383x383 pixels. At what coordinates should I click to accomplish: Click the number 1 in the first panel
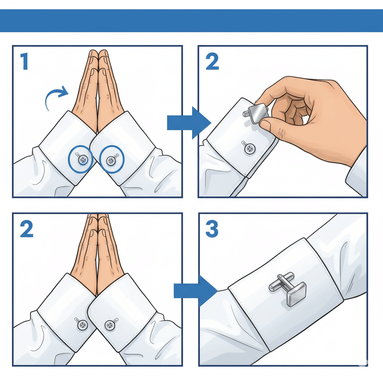click(24, 61)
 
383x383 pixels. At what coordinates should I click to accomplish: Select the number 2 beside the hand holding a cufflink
click(212, 61)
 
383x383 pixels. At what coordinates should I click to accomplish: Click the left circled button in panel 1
click(83, 160)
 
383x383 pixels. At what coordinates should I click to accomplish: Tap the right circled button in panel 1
click(111, 160)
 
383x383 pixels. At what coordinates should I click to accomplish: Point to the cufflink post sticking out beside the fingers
click(246, 113)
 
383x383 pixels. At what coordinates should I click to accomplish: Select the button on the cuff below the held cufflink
click(250, 148)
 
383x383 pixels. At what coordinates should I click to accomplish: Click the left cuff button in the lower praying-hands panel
click(82, 325)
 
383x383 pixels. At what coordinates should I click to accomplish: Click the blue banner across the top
click(191, 21)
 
